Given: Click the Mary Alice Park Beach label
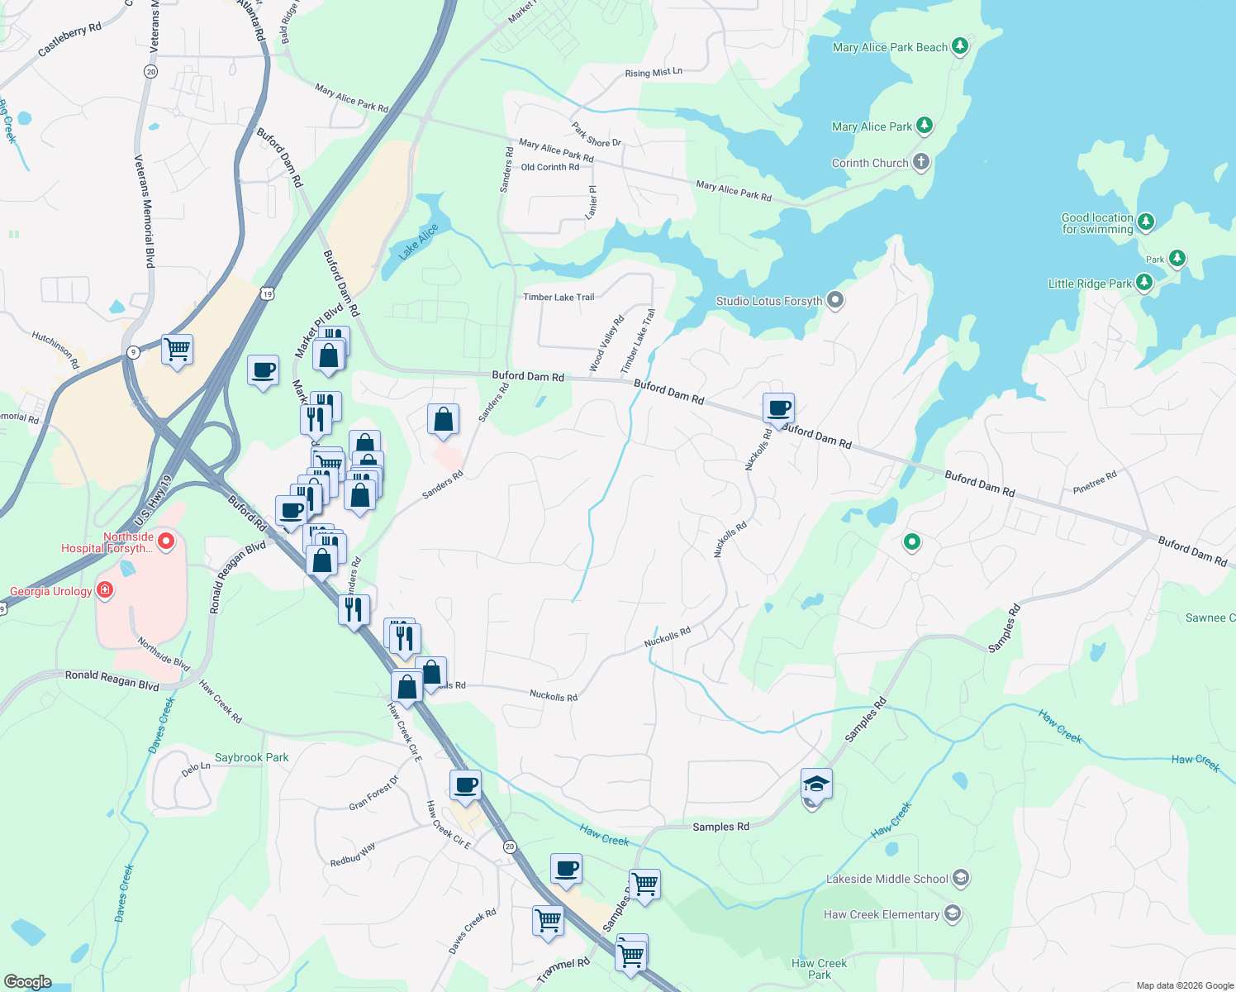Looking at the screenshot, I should [x=890, y=47].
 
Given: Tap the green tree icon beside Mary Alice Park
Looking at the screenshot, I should [x=925, y=126].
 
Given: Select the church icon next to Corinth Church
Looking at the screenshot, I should [x=921, y=162].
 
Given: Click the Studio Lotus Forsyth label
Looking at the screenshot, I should [x=768, y=301].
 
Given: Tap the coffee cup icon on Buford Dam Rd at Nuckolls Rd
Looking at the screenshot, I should [x=778, y=408].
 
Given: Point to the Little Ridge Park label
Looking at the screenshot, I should [x=1090, y=284].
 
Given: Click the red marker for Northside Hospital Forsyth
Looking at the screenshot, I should [x=166, y=541].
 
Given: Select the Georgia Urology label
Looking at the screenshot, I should [x=51, y=591].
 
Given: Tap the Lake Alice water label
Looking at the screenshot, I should [x=418, y=242].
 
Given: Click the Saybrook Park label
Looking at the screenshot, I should [x=252, y=757].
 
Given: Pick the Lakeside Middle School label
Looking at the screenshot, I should [x=887, y=879].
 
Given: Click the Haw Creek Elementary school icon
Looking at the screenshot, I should [x=953, y=913].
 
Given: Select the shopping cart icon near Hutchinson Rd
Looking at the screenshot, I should [x=178, y=350].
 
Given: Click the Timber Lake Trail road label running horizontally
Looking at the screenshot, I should [x=559, y=297].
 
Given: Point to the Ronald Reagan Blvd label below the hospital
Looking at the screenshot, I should [x=112, y=680].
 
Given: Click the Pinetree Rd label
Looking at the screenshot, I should [x=1095, y=482].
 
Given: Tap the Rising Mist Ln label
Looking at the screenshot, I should [x=654, y=73].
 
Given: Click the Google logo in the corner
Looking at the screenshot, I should [x=28, y=981].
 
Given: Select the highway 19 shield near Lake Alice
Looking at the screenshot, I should [x=266, y=293].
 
